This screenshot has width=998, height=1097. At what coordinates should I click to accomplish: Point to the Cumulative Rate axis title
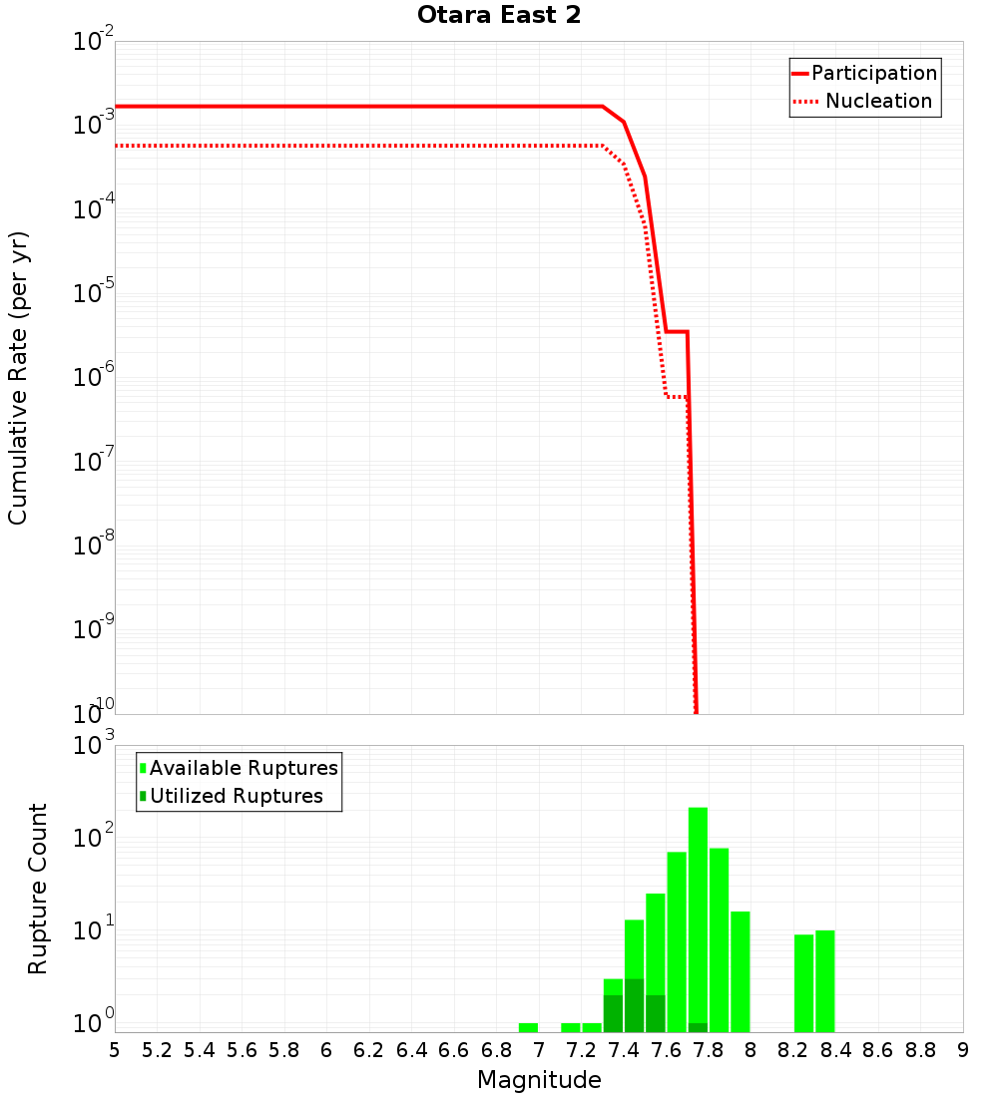tap(18, 378)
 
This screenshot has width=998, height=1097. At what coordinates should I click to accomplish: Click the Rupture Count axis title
tap(38, 888)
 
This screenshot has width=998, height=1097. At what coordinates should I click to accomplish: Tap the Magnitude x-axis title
tap(539, 1080)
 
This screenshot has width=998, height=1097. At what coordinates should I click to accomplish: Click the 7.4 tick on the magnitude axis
tap(624, 1050)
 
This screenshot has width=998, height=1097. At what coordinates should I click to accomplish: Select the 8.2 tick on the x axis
tap(793, 1050)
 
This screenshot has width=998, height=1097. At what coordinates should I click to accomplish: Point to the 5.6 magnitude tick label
tap(242, 1050)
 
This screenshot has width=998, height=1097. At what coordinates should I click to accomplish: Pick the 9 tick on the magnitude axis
tap(963, 1050)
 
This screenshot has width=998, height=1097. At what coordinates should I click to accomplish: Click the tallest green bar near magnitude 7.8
tap(698, 917)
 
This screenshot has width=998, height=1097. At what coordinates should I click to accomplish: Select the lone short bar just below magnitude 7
tap(528, 1027)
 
